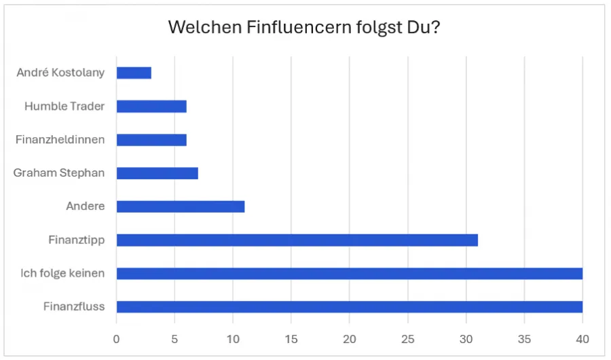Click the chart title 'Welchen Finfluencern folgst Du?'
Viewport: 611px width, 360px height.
pos(305,28)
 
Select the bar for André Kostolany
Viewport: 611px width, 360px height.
pos(134,73)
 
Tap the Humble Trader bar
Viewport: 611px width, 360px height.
pos(151,106)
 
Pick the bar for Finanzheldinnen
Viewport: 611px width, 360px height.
pos(151,140)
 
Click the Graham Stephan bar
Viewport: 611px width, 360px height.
pos(157,173)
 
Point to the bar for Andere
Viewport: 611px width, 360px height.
pos(181,206)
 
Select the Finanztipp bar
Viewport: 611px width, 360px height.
pos(297,240)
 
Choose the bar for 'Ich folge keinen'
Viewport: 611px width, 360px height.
pos(349,273)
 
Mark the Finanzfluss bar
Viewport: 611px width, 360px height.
pos(349,306)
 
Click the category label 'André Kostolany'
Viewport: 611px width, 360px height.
pos(60,73)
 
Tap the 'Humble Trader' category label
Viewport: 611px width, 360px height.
pos(64,106)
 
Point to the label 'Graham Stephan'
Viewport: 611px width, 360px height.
pos(59,173)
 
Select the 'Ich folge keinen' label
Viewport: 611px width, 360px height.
pos(63,273)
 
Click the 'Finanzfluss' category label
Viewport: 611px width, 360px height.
pos(74,306)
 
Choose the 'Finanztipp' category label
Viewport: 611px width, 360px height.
pos(77,240)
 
